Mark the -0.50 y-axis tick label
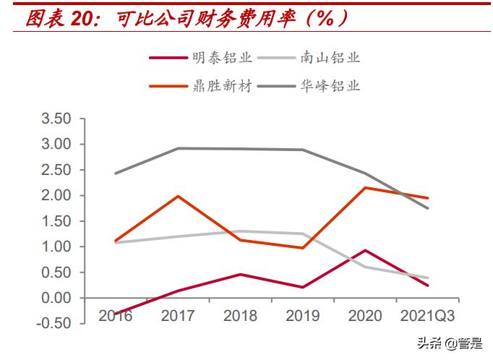click(54, 323)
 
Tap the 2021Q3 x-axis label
click(426, 316)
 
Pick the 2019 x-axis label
click(302, 316)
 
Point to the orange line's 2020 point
click(365, 188)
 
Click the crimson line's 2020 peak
click(365, 250)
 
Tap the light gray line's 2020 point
click(365, 267)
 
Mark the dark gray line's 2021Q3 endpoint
click(427, 208)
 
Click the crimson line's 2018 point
click(240, 274)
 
